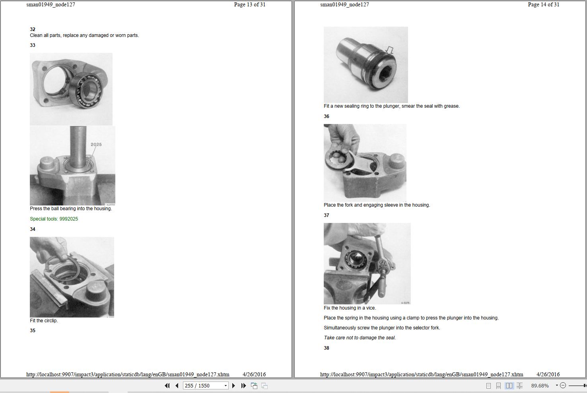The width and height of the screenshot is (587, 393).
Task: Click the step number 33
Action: click(x=33, y=45)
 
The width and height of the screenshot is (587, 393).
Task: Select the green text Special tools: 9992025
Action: click(x=54, y=219)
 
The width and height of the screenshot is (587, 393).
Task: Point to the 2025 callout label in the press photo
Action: click(x=96, y=144)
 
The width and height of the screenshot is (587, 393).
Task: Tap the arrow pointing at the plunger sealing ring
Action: click(x=390, y=50)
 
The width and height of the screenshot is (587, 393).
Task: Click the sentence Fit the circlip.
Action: click(x=44, y=320)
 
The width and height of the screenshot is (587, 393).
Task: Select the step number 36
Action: click(x=326, y=116)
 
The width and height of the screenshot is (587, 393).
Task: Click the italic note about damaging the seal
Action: click(x=360, y=338)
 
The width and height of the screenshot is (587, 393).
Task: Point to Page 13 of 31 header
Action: click(x=250, y=4)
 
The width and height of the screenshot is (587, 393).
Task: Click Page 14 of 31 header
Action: click(x=544, y=4)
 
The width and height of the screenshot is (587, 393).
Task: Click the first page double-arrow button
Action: click(x=167, y=386)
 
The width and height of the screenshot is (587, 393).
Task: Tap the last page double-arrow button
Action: click(x=243, y=386)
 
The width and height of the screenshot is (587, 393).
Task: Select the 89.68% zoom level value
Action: click(x=540, y=386)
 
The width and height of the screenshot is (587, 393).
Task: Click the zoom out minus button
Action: click(x=563, y=385)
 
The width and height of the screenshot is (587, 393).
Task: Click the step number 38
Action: click(x=326, y=348)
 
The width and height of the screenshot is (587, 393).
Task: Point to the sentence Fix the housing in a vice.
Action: click(x=350, y=308)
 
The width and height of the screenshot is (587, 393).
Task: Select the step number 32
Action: click(x=33, y=29)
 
